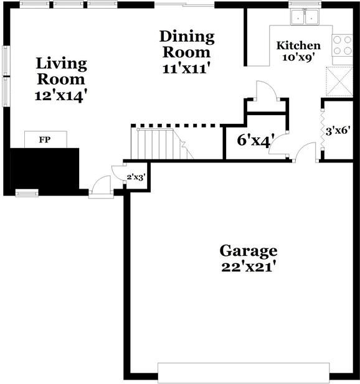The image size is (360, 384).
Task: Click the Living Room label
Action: pyautogui.click(x=61, y=72)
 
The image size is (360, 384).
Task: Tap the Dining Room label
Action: pyautogui.click(x=186, y=44)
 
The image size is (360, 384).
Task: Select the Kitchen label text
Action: pyautogui.click(x=298, y=45)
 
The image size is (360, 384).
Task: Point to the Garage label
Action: pyautogui.click(x=248, y=251)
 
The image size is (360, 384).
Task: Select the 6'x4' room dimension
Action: pyautogui.click(x=254, y=141)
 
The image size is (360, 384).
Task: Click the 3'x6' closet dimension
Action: pyautogui.click(x=339, y=131)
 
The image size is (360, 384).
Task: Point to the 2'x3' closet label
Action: pyautogui.click(x=136, y=177)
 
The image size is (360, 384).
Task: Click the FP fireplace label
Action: pyautogui.click(x=44, y=140)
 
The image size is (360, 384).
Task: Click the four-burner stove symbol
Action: pyautogui.click(x=342, y=45)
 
